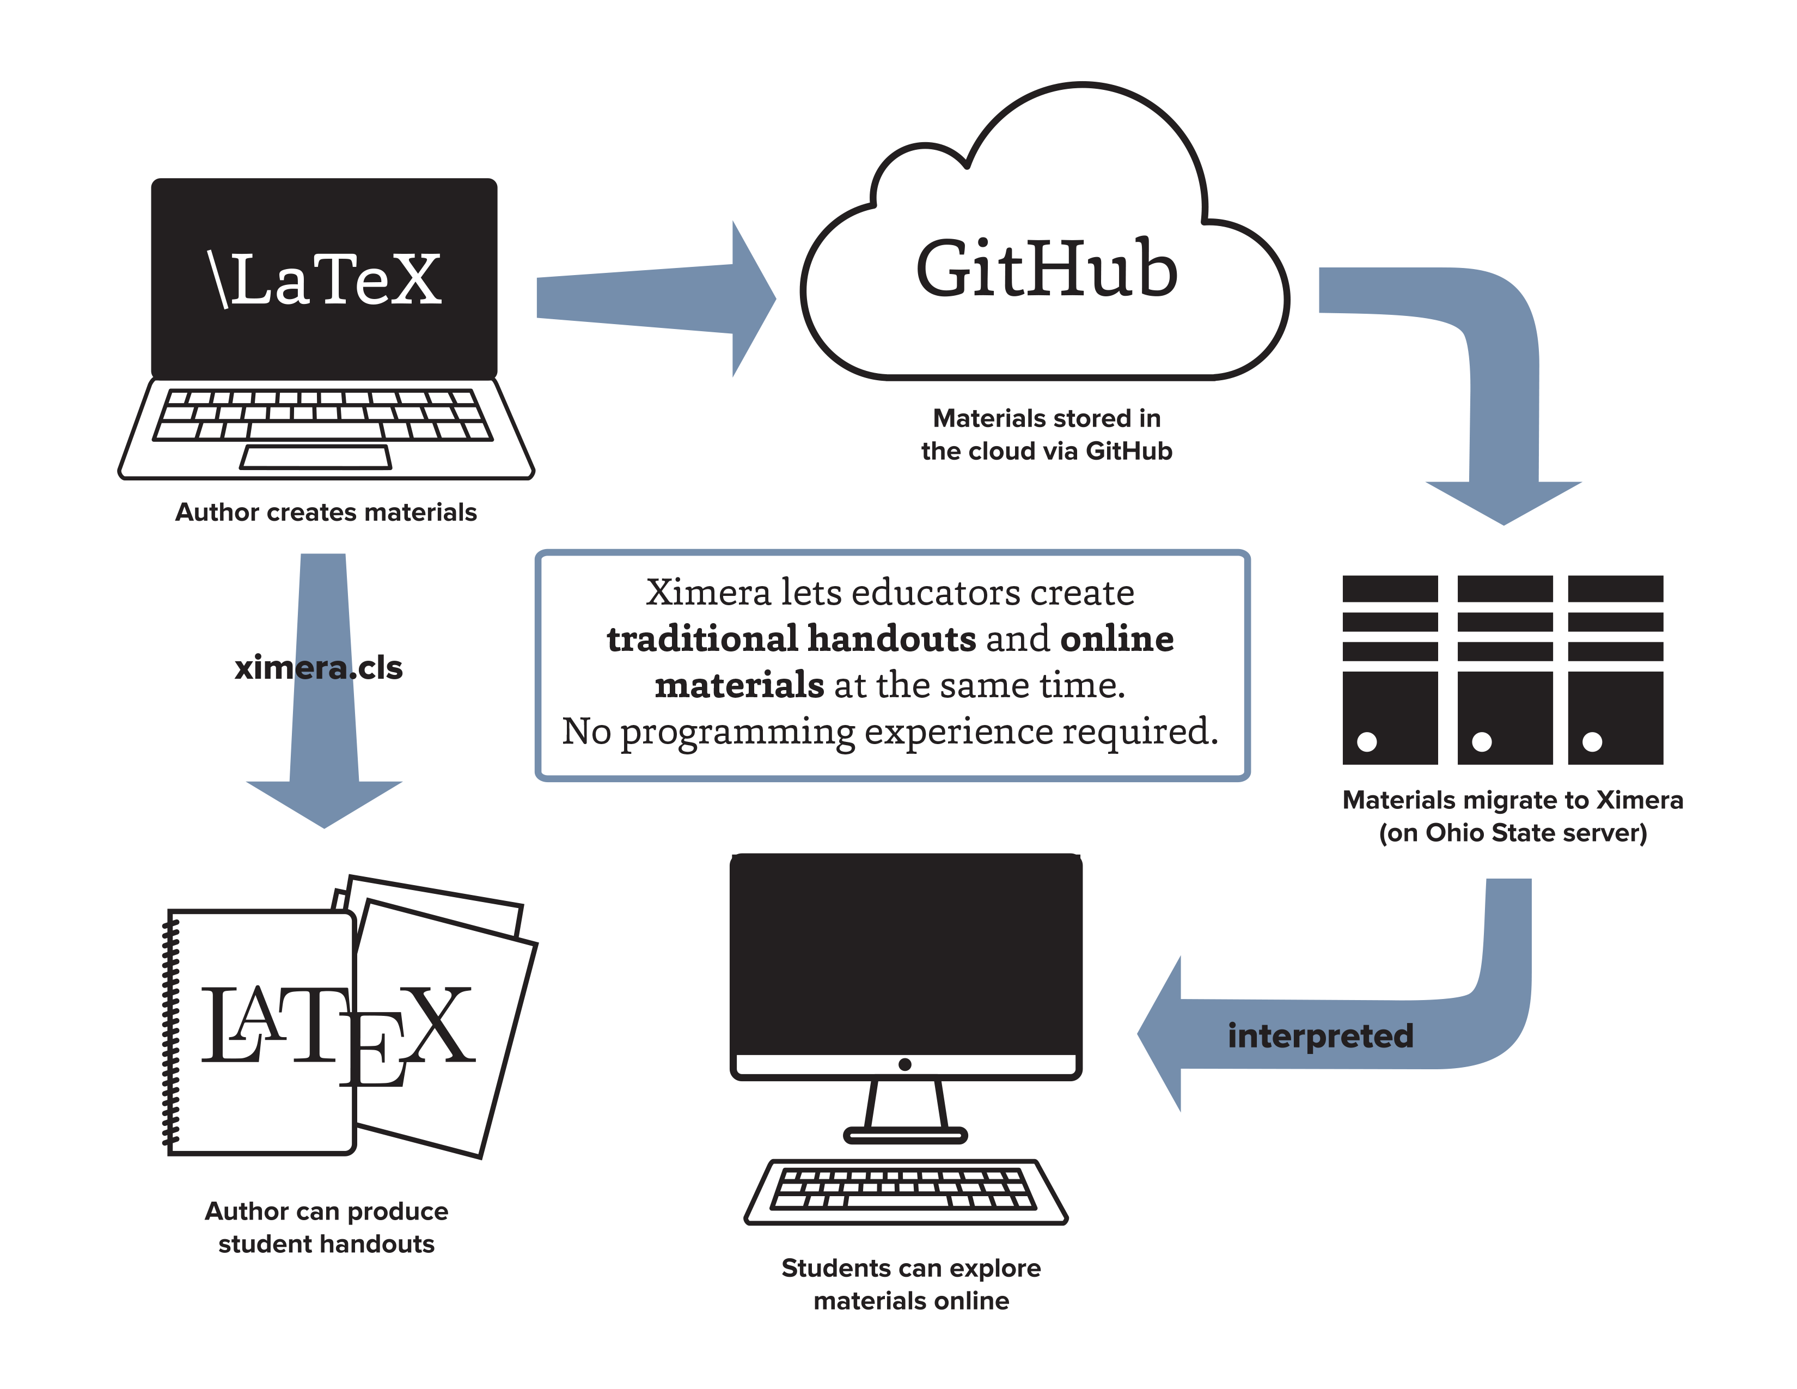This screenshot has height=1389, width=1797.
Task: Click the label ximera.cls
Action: pyautogui.click(x=319, y=667)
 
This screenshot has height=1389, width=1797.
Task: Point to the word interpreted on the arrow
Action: pyautogui.click(x=1320, y=1035)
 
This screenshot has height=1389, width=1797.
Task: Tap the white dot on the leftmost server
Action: pyautogui.click(x=1367, y=741)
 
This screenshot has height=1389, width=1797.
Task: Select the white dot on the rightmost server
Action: pyautogui.click(x=1592, y=741)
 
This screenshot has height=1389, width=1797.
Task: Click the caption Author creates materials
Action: pyautogui.click(x=326, y=512)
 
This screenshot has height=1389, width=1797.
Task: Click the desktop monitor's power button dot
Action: pyautogui.click(x=905, y=1064)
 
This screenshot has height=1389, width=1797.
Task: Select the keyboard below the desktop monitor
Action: pyautogui.click(x=905, y=1191)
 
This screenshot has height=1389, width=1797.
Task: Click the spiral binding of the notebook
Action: pyautogui.click(x=170, y=1033)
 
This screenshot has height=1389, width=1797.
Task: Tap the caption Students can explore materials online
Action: pyautogui.click(x=911, y=1284)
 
